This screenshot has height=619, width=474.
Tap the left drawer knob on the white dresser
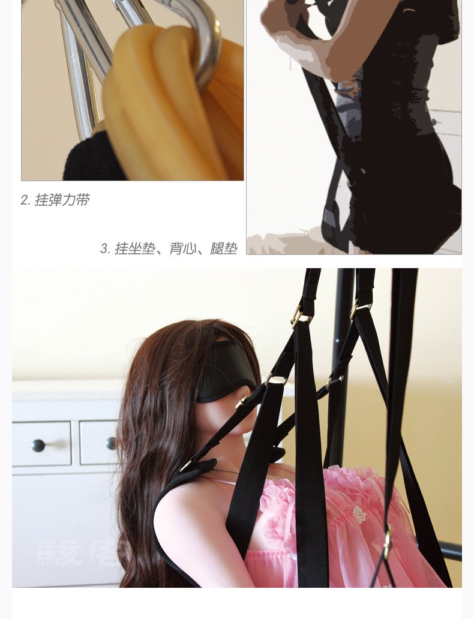click(x=38, y=445)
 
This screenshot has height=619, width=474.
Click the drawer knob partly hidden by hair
click(x=112, y=443)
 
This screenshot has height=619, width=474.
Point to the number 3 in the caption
click(x=104, y=249)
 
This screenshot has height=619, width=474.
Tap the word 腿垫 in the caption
click(x=224, y=248)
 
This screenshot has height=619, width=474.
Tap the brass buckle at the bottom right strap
click(x=388, y=540)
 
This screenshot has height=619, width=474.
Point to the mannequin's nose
click(x=247, y=414)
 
